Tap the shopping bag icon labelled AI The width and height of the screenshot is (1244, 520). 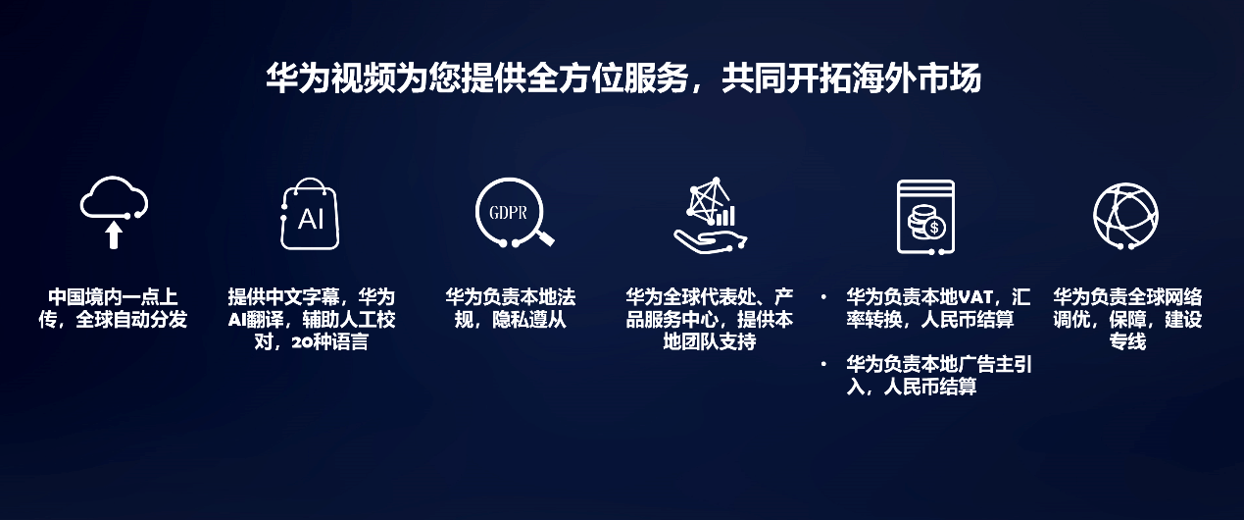tap(283, 234)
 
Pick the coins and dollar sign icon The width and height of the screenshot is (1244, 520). tap(899, 217)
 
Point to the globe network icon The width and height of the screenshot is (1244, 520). tap(1095, 216)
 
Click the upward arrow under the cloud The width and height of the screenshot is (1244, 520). tap(114, 235)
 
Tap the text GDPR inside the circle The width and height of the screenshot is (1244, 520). tap(508, 213)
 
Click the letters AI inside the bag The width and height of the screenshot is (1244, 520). tap(311, 219)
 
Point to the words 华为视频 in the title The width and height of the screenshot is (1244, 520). tap(330, 78)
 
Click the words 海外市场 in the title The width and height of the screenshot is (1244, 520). tap(916, 78)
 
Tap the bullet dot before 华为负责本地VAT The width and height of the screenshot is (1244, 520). tap(823, 298)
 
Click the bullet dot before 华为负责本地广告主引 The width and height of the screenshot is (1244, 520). tap(823, 364)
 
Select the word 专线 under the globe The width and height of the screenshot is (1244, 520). tap(1127, 341)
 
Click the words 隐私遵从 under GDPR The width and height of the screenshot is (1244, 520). tap(529, 320)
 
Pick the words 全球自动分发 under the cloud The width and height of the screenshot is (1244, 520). tap(131, 320)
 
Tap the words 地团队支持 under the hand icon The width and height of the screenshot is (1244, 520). tap(709, 341)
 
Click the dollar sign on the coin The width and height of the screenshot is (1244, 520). tap(934, 228)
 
